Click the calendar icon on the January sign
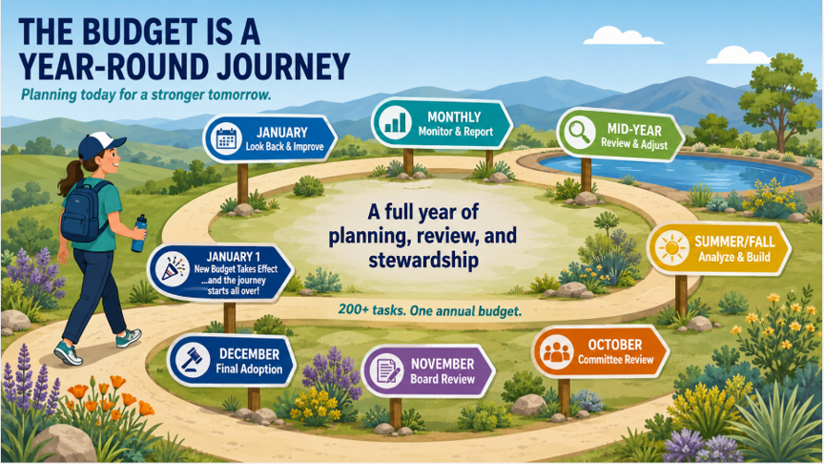(x=226, y=138)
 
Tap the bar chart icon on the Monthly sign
(x=395, y=121)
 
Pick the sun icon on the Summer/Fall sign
(x=671, y=248)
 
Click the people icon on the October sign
(x=556, y=351)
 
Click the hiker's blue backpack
(x=81, y=211)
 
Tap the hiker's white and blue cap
(x=100, y=144)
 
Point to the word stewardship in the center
(x=423, y=260)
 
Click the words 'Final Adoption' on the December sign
(x=249, y=369)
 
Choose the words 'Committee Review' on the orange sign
(x=616, y=360)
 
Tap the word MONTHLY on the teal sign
(x=454, y=116)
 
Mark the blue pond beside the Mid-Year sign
(x=674, y=171)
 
